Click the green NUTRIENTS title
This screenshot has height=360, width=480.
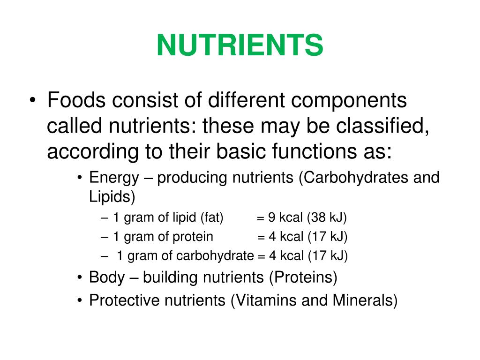point(240,45)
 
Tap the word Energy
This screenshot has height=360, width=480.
point(114,178)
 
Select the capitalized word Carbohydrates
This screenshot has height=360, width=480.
point(354,178)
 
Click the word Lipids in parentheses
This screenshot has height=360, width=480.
point(110,197)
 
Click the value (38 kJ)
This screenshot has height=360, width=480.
point(327,218)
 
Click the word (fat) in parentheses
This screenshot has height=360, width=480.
point(212,218)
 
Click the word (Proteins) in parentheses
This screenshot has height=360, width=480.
point(303,277)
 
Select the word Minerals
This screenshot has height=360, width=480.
point(364,300)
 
